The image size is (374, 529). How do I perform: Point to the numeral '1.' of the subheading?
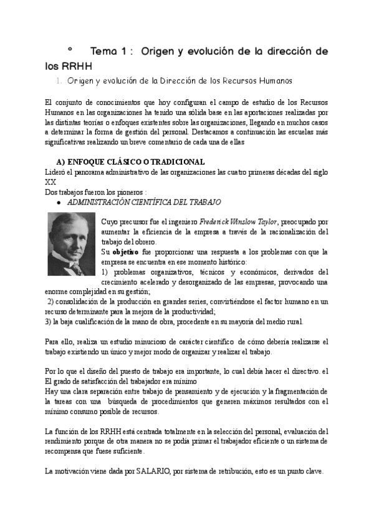[59, 81]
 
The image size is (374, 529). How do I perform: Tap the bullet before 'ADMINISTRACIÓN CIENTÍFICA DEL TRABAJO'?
[59, 203]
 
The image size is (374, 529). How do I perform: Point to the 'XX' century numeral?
[51, 182]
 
